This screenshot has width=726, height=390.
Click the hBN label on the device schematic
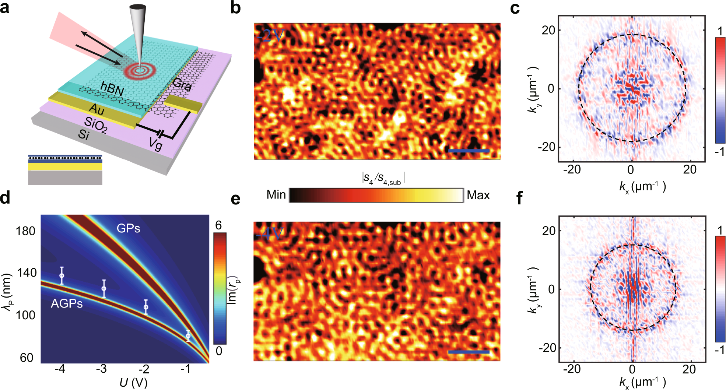pyautogui.click(x=112, y=89)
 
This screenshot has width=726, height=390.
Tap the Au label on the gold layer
pyautogui.click(x=97, y=109)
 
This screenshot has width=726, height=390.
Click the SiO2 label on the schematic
pyautogui.click(x=95, y=125)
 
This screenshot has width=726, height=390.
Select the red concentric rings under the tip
pyautogui.click(x=140, y=70)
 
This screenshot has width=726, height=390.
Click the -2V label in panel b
pyautogui.click(x=271, y=36)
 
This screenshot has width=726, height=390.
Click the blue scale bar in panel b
pyautogui.click(x=469, y=151)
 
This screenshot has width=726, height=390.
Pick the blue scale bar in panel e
pyautogui.click(x=469, y=352)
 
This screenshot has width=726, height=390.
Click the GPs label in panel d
pyautogui.click(x=128, y=228)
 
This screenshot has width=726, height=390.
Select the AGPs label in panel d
pyautogui.click(x=67, y=303)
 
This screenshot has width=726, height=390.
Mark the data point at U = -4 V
pyautogui.click(x=62, y=275)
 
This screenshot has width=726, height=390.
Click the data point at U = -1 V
pyautogui.click(x=188, y=336)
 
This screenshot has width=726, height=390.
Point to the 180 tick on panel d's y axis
pyautogui.click(x=26, y=231)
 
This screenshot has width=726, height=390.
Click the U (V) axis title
pyautogui.click(x=133, y=383)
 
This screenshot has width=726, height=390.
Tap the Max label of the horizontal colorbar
pyautogui.click(x=478, y=195)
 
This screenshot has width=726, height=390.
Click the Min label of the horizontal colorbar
pyautogui.click(x=276, y=194)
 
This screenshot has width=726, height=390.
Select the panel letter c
pyautogui.click(x=515, y=8)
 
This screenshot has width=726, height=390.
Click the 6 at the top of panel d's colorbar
pyautogui.click(x=219, y=225)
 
